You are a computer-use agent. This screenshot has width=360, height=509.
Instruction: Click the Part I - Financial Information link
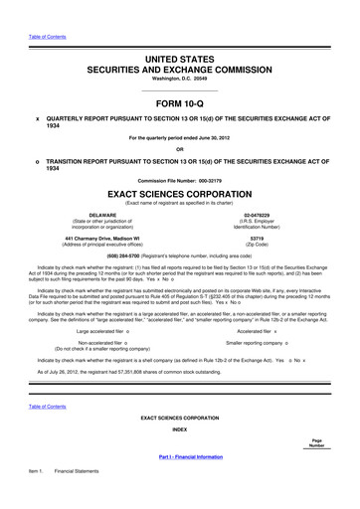coord(179,482)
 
